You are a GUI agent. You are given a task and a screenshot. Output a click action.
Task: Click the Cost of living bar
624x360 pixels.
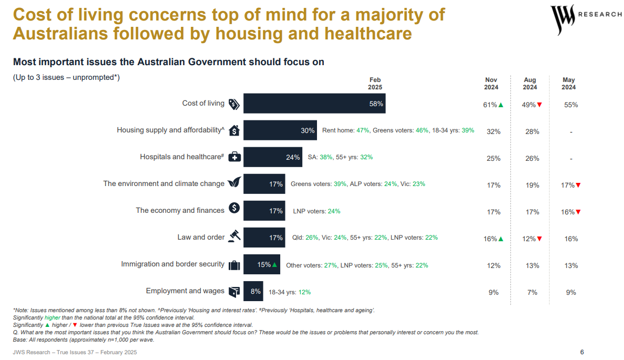[314, 104]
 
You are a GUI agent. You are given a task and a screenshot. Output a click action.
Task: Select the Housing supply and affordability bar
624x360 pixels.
[280, 130]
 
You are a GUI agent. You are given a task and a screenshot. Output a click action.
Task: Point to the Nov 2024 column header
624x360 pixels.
[491, 84]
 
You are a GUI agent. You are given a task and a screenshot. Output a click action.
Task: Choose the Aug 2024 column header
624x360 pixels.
[530, 84]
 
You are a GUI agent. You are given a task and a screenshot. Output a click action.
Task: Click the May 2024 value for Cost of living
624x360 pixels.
[571, 105]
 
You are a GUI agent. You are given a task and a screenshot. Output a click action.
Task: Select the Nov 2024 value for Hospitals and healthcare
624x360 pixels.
[493, 159]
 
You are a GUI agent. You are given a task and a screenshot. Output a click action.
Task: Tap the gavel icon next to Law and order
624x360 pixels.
[234, 237]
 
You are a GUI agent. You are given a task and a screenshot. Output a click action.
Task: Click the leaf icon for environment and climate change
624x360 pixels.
[234, 183]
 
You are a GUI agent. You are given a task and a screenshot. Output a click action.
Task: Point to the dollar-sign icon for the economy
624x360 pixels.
[234, 208]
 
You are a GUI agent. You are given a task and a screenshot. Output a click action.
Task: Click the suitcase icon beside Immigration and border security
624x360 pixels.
[234, 265]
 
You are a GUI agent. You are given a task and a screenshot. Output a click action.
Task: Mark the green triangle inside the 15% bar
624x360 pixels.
[275, 265]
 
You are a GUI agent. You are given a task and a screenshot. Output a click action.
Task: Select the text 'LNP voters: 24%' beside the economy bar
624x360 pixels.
[316, 211]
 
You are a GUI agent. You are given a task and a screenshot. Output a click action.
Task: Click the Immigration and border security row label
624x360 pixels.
[172, 264]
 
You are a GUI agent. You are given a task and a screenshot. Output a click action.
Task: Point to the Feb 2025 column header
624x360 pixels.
[375, 84]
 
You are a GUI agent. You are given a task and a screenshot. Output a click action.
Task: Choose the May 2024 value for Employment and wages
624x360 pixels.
[571, 293]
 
